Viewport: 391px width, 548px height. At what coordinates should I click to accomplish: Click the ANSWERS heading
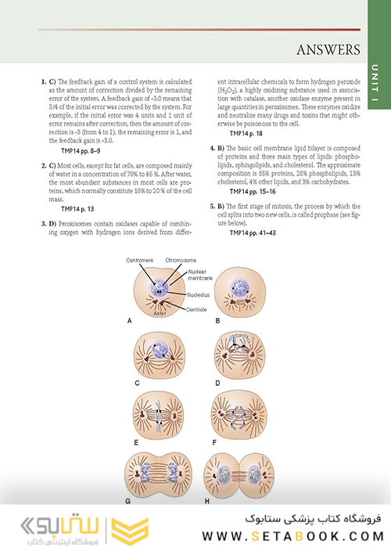(x=328, y=51)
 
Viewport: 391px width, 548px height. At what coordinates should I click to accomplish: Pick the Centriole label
(x=202, y=309)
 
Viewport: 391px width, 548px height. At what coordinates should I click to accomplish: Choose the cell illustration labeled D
(x=238, y=352)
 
